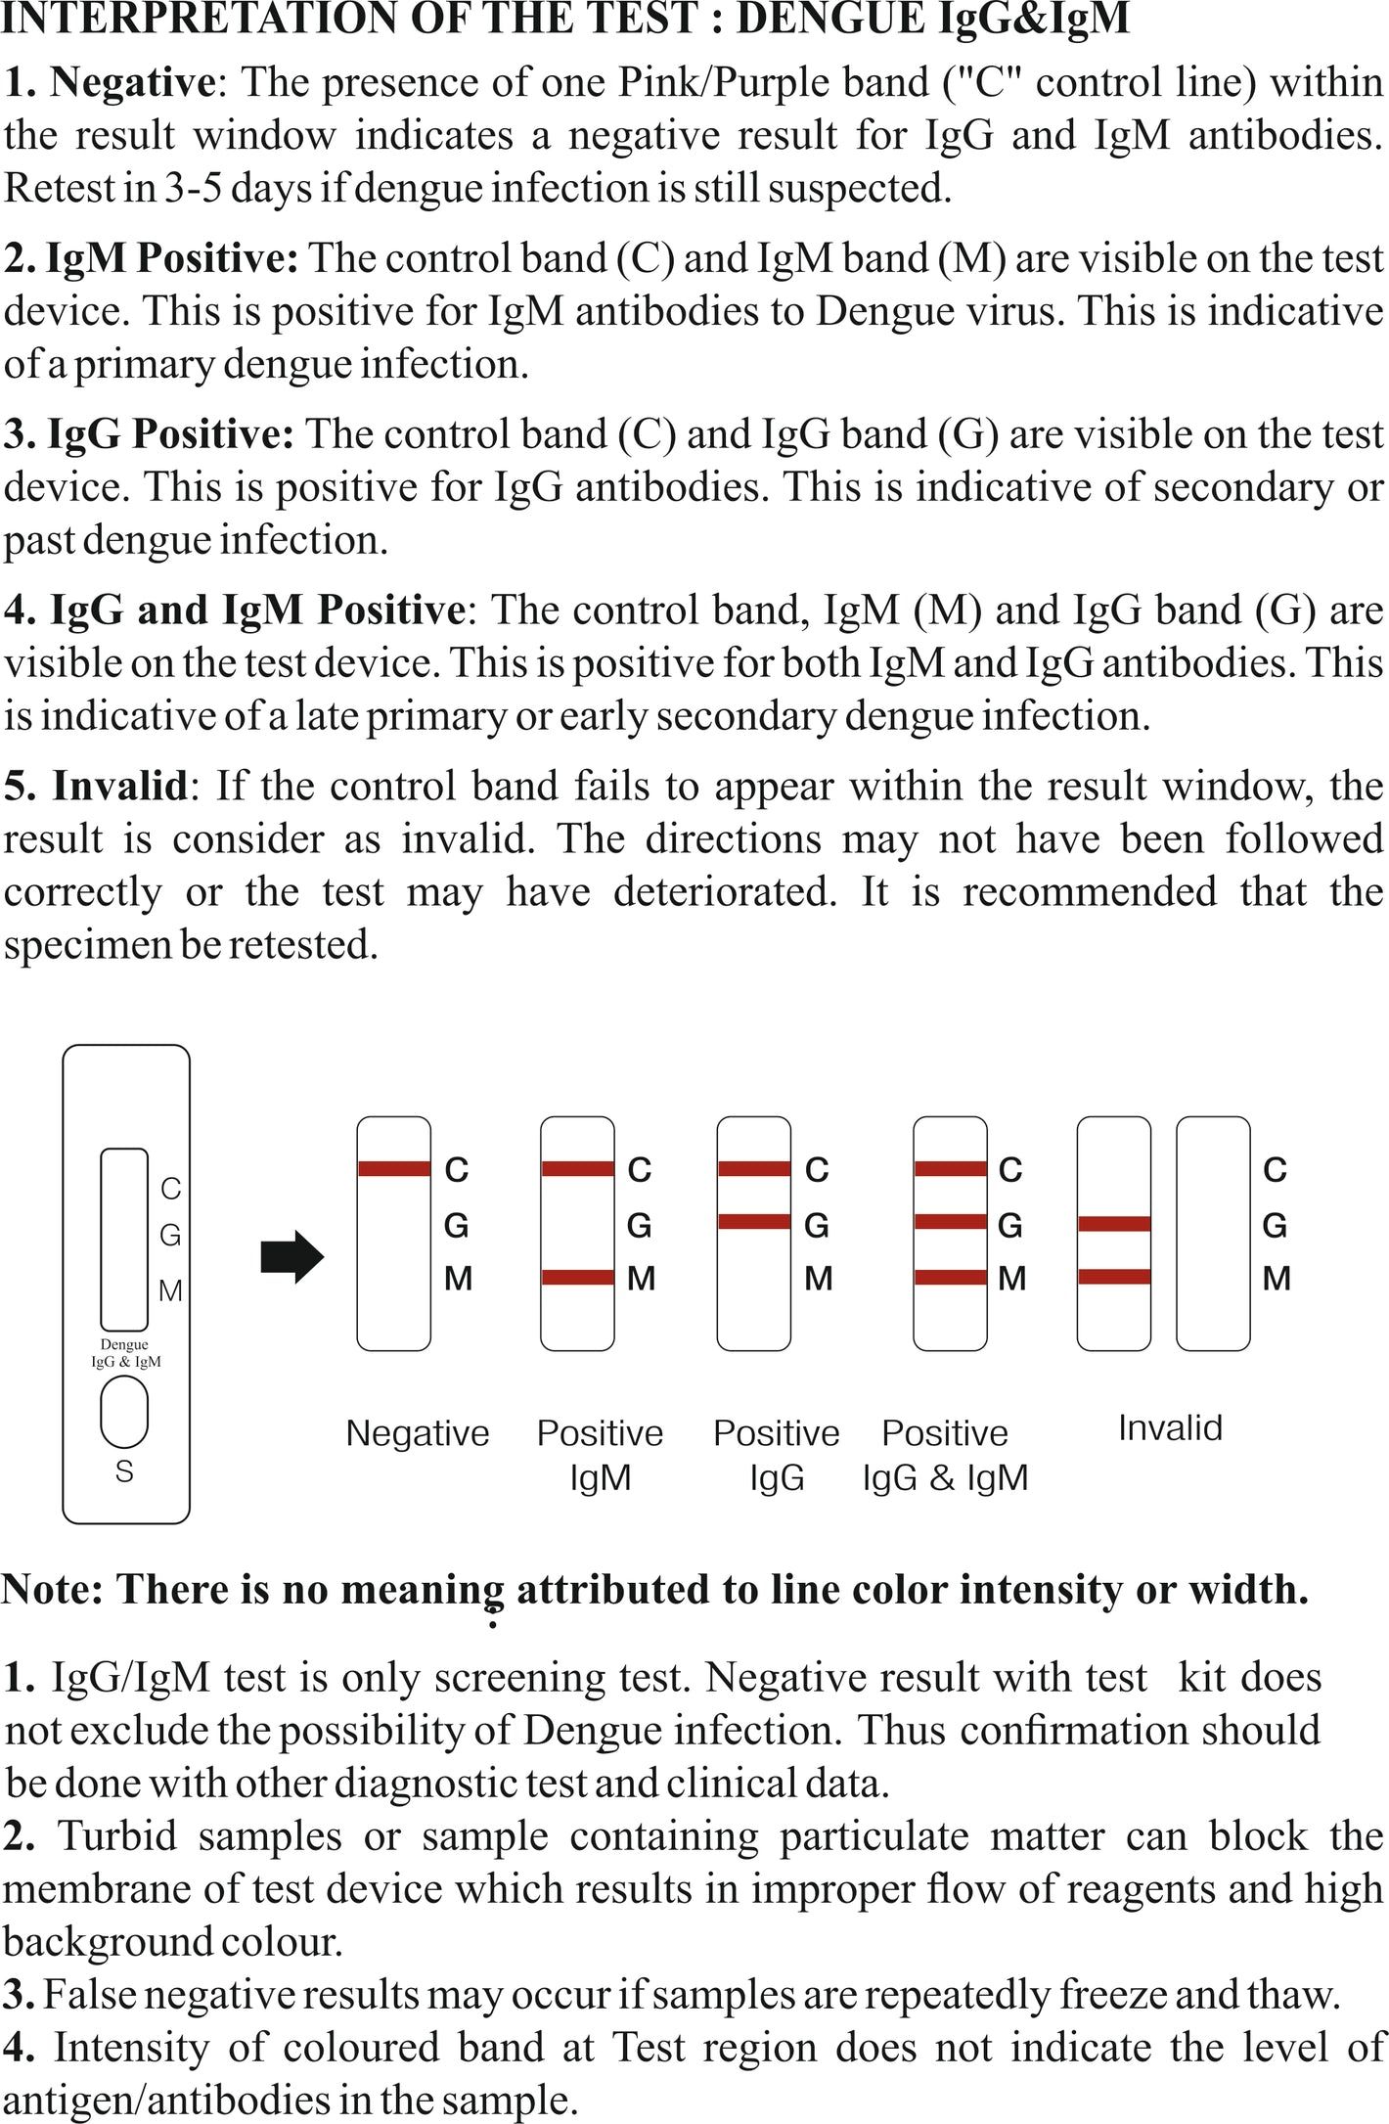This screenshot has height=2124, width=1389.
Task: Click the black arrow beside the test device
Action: [291, 1256]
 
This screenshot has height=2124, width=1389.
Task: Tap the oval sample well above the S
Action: [124, 1412]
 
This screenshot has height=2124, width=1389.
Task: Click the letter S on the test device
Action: [124, 1471]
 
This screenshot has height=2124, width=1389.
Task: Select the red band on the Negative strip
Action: [394, 1168]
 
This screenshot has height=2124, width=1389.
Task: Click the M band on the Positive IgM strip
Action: [577, 1278]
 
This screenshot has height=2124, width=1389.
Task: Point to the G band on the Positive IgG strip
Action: [754, 1222]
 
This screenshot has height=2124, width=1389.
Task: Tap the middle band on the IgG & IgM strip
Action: [950, 1222]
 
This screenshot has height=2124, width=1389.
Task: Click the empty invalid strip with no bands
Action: [1213, 1234]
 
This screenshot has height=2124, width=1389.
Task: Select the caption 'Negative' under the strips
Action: [418, 1433]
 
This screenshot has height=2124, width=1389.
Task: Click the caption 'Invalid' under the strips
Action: [1170, 1428]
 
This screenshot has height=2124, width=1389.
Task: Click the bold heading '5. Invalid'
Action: [95, 786]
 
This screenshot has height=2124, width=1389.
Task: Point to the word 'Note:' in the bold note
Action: [53, 1589]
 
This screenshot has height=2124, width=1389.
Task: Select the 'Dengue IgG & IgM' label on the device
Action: [125, 1353]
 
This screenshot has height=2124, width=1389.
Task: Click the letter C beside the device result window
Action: [171, 1189]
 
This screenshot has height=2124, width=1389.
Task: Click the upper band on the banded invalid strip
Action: [1114, 1224]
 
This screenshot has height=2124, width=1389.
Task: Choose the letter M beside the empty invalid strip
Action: [1277, 1278]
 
